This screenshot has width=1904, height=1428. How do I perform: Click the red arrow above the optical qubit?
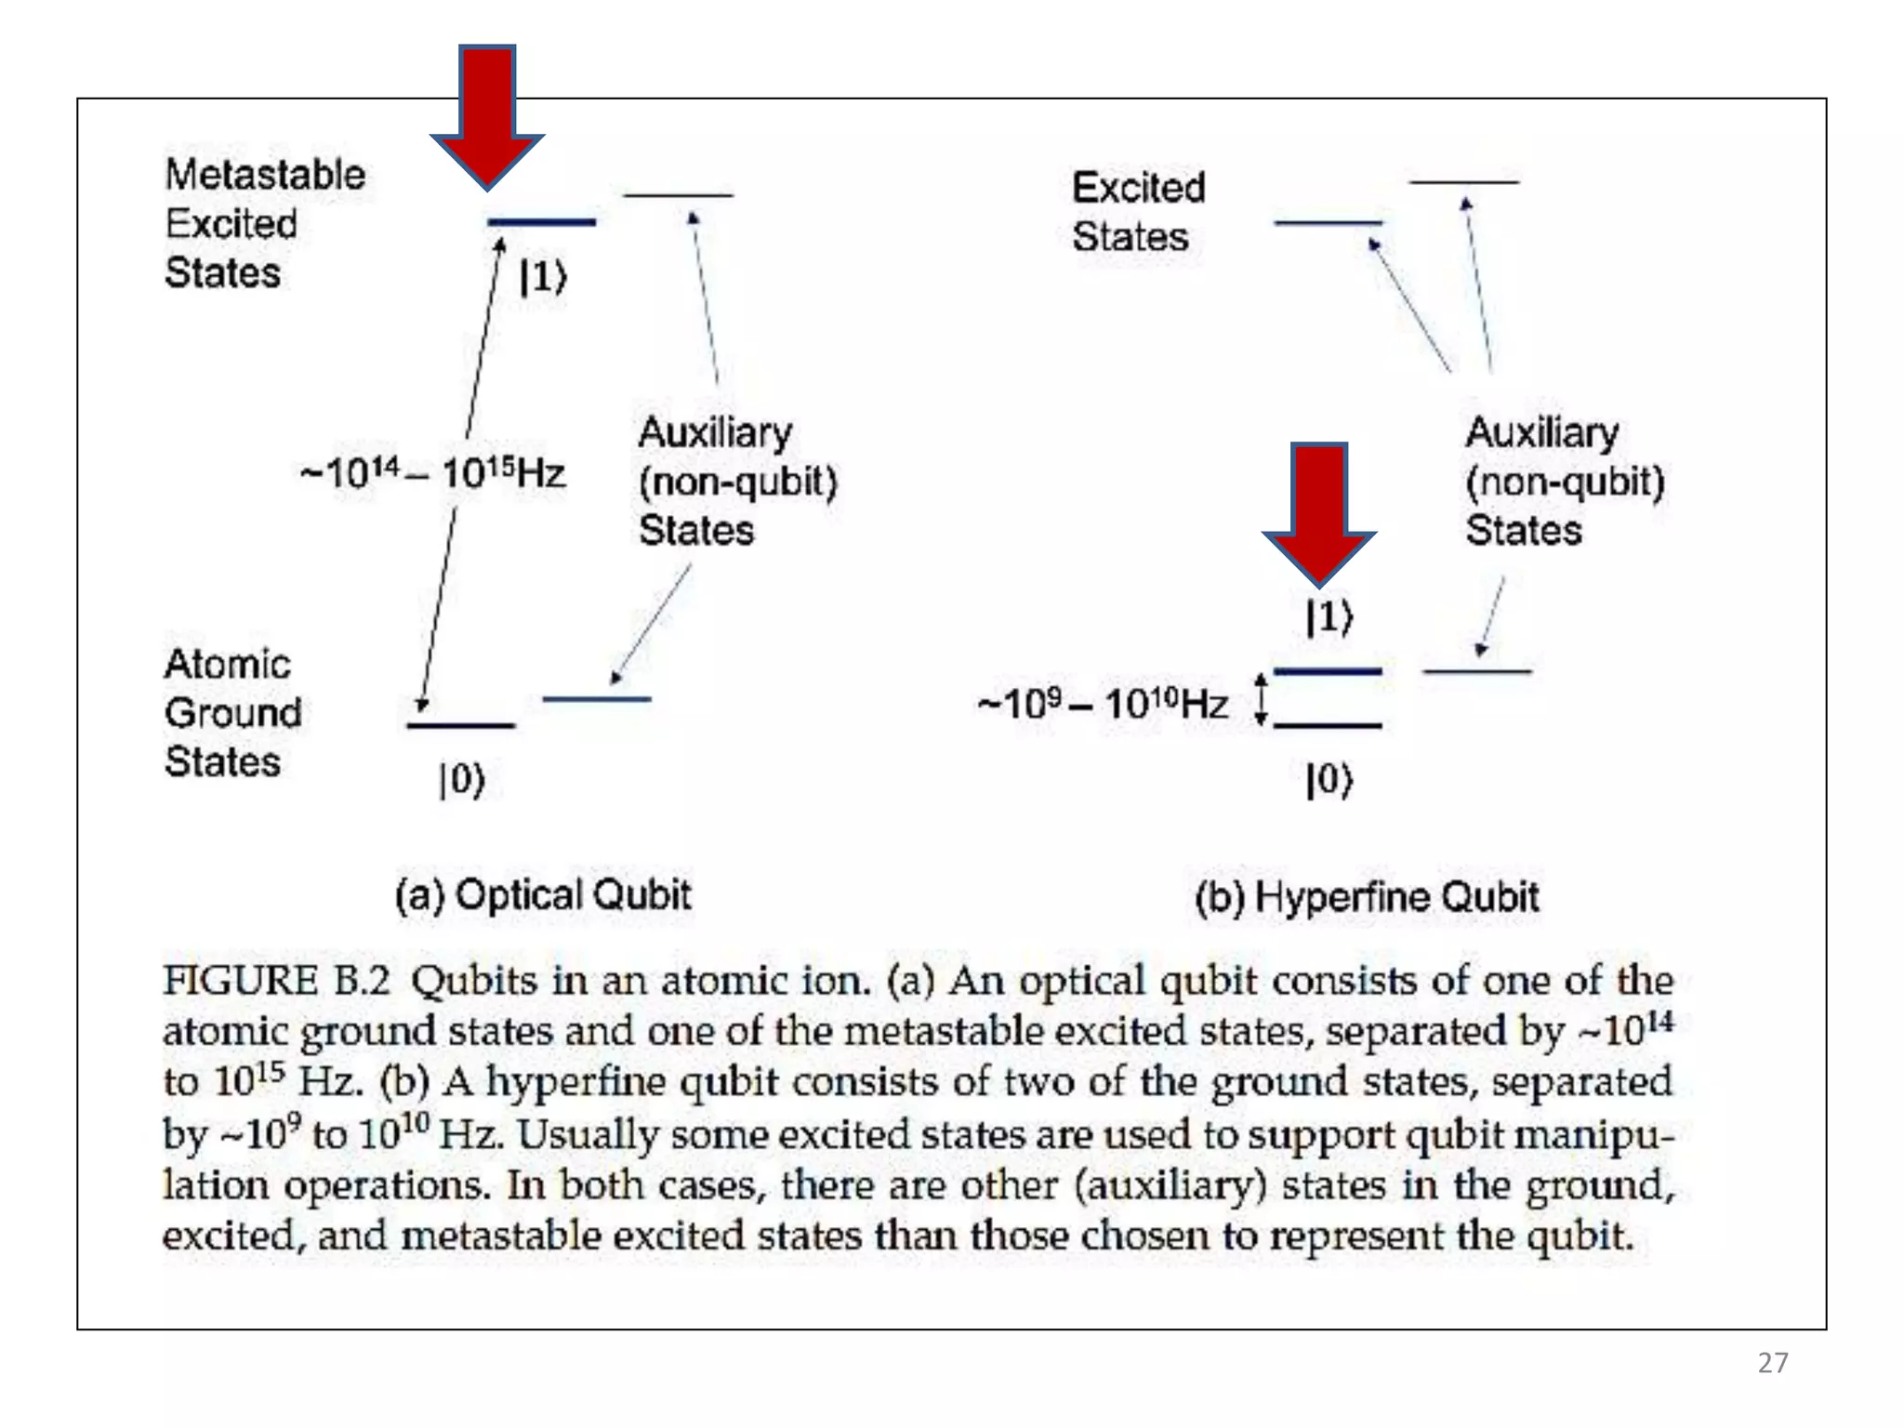[487, 112]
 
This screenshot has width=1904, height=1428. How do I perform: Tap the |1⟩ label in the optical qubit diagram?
[543, 276]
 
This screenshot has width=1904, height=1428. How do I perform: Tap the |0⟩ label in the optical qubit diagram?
[462, 779]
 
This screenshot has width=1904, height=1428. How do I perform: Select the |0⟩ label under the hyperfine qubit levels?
[1329, 779]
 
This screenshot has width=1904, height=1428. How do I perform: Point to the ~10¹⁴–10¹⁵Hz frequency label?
[433, 472]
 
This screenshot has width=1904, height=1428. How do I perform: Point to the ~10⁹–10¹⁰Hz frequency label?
[1103, 704]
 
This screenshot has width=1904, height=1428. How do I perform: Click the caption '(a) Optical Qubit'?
[543, 894]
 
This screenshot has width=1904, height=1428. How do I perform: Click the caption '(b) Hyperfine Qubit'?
[1367, 897]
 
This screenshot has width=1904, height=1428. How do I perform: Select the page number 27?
[1773, 1363]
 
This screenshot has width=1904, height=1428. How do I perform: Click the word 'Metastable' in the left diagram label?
[265, 175]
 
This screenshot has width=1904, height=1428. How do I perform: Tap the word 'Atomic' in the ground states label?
[228, 664]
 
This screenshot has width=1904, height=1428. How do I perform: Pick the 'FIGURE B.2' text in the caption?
[276, 981]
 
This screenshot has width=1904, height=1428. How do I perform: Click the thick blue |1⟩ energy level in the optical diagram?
[542, 222]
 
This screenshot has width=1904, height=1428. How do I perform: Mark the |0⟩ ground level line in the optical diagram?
[461, 725]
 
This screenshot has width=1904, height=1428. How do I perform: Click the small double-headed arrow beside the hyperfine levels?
[1261, 699]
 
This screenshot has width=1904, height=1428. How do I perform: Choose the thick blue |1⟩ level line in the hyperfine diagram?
[1328, 670]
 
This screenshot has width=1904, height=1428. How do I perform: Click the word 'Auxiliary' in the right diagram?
[1542, 432]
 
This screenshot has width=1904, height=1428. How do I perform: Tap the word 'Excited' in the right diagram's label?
[1139, 188]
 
